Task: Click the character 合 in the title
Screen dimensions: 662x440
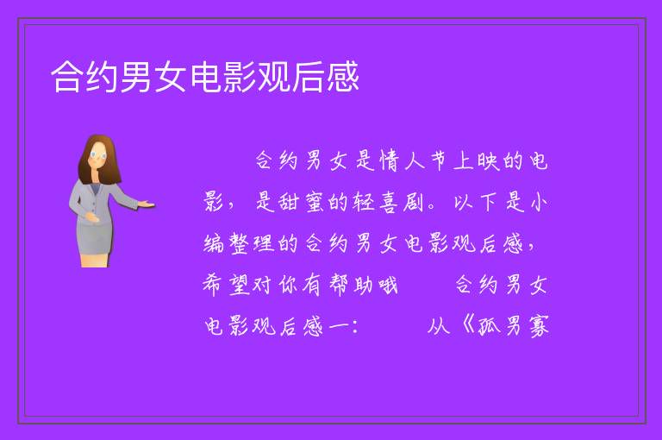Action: (66, 77)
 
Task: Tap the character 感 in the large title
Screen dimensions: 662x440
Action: (343, 77)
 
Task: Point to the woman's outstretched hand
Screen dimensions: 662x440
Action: (145, 204)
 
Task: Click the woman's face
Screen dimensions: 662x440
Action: (98, 155)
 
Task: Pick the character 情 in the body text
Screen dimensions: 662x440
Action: (389, 161)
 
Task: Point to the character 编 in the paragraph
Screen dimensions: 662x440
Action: (214, 244)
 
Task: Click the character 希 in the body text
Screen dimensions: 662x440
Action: (212, 285)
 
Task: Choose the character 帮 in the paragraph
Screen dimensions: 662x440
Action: (339, 285)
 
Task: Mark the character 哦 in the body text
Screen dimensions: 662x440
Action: (388, 286)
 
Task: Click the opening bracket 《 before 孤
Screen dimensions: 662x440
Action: (467, 326)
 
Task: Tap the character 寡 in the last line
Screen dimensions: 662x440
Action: (539, 326)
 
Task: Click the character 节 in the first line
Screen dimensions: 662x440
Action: (439, 161)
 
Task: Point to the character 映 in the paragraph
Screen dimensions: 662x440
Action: (489, 161)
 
